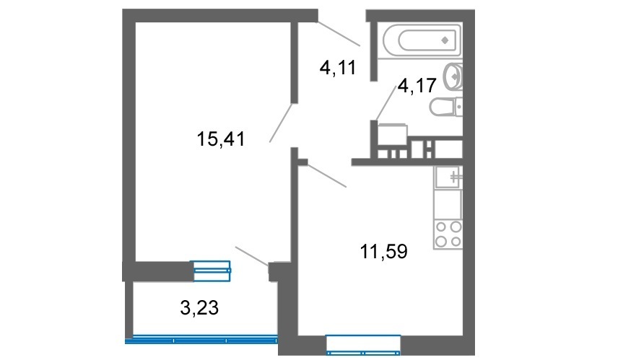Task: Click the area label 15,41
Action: coord(221,139)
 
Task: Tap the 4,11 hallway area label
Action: coord(338,67)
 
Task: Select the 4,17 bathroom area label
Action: coord(417,85)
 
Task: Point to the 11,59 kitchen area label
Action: coord(384,251)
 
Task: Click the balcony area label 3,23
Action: coord(199,308)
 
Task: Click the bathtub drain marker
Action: coord(445,40)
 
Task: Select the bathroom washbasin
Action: coord(453,76)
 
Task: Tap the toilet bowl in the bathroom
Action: coord(445,107)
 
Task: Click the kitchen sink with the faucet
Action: coord(448,177)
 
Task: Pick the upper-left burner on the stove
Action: coord(440,227)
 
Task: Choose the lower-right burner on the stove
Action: coord(456,242)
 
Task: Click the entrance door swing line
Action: coord(339,32)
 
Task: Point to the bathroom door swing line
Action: coord(385,103)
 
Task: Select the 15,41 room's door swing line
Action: coord(281,123)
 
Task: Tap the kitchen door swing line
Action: coord(327,175)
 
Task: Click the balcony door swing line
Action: coord(252,256)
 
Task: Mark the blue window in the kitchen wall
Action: coord(363,345)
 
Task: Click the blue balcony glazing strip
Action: coord(201,339)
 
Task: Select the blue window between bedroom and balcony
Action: coord(212,271)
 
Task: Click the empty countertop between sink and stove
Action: coord(448,204)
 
